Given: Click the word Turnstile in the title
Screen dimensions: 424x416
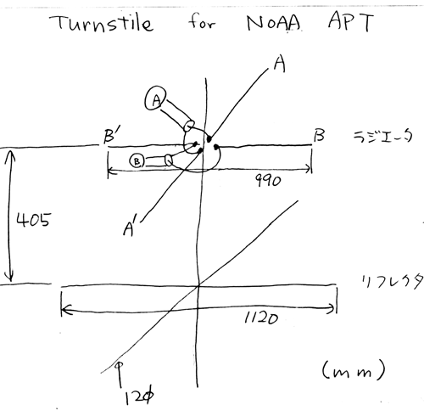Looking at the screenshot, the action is pyautogui.click(x=102, y=23).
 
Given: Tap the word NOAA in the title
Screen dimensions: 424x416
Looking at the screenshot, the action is pyautogui.click(x=273, y=23).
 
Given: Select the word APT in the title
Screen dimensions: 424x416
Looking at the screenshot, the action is pyautogui.click(x=351, y=21).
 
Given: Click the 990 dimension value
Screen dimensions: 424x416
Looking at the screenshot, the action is pyautogui.click(x=268, y=180).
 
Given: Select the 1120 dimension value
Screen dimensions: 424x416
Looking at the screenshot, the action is pyautogui.click(x=261, y=318).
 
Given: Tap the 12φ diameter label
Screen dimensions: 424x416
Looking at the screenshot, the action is pyautogui.click(x=139, y=396).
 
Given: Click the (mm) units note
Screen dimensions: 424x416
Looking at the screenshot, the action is pyautogui.click(x=354, y=370).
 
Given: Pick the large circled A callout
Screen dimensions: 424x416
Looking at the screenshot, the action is pyautogui.click(x=155, y=98).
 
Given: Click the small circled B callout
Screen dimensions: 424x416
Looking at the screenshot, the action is pyautogui.click(x=137, y=161).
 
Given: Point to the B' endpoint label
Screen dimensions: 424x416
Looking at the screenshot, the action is pyautogui.click(x=110, y=136).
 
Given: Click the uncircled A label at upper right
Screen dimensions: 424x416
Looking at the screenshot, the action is pyautogui.click(x=279, y=64).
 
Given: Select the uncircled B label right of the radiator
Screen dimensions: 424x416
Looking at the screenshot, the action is pyautogui.click(x=319, y=136).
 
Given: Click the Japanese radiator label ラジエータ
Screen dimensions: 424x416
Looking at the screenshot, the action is pyautogui.click(x=383, y=137).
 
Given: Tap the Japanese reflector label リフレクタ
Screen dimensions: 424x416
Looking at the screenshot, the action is pyautogui.click(x=393, y=281).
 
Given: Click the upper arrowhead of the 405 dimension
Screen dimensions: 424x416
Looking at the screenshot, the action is pyautogui.click(x=10, y=155).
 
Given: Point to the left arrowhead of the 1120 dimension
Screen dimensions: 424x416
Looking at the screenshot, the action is pyautogui.click(x=65, y=310).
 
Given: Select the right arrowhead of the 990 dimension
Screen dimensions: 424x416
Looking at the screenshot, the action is pyautogui.click(x=307, y=169).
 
